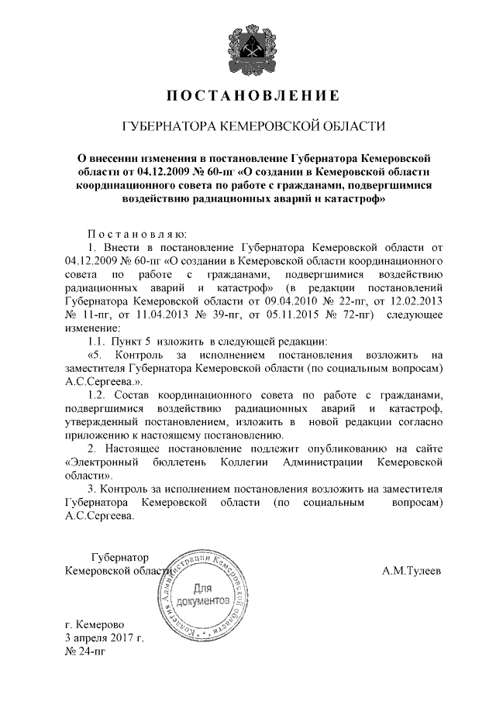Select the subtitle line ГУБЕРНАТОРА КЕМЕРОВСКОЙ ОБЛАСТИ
(247, 126)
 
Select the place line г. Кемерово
(94, 624)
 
